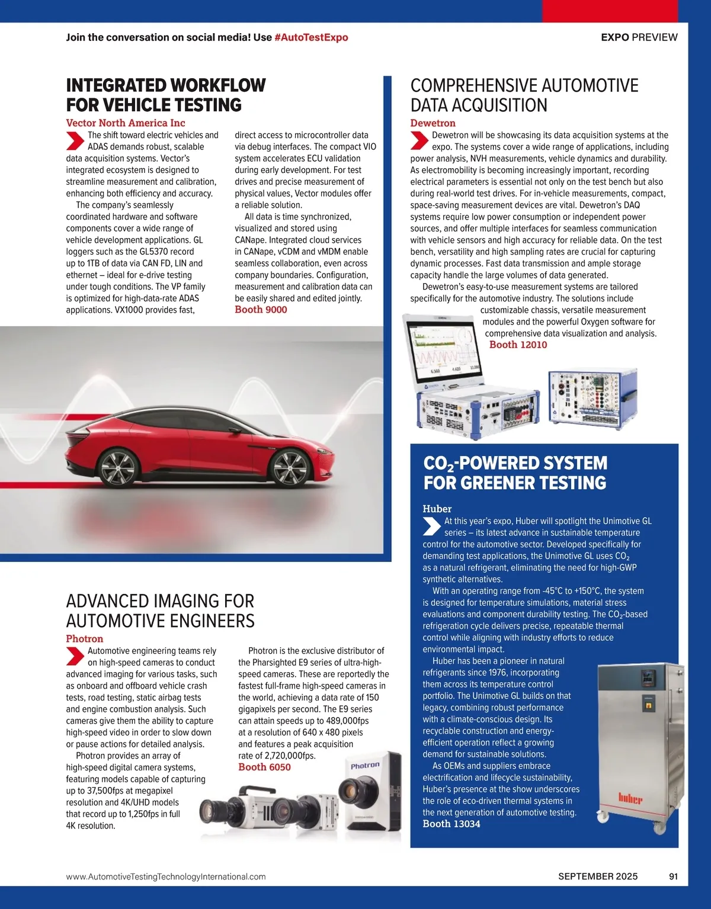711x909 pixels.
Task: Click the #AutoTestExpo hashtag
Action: (x=311, y=37)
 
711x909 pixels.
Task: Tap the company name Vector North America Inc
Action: (x=126, y=123)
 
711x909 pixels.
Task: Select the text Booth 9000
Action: (x=261, y=310)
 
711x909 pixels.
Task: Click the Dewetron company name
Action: (x=433, y=123)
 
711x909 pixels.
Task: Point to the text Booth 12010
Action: (x=518, y=345)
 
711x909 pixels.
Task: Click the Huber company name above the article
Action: (x=437, y=509)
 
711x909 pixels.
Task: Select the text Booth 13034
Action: (x=451, y=824)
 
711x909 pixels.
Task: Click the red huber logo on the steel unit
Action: (x=630, y=798)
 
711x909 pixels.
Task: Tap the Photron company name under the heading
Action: (x=85, y=639)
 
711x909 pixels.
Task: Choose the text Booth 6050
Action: (x=264, y=767)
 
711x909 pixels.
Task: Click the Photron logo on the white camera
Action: (x=365, y=766)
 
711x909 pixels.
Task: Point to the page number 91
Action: (x=673, y=876)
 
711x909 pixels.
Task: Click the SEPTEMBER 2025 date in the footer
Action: (x=598, y=876)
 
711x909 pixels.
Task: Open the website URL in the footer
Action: (x=166, y=876)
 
